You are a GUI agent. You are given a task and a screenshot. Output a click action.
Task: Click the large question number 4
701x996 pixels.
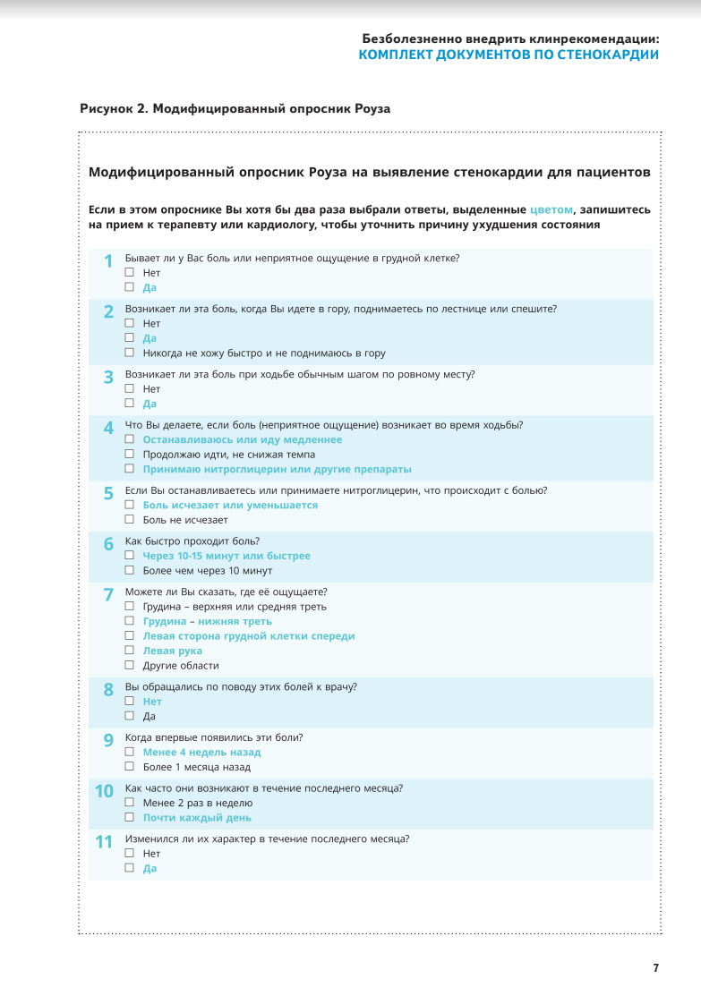108,428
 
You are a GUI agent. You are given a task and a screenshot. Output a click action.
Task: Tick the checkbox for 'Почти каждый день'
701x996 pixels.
130,817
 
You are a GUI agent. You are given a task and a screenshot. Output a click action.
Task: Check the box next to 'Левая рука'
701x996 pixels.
130,651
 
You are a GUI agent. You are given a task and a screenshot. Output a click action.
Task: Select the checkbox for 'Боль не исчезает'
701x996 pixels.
130,519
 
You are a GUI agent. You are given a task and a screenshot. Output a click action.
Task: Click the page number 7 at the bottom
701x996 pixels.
655,967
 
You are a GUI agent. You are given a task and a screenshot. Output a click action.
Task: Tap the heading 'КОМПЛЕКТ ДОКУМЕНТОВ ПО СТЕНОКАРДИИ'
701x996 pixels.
509,55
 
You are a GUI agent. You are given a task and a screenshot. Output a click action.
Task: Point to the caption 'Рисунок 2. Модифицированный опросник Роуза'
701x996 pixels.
235,108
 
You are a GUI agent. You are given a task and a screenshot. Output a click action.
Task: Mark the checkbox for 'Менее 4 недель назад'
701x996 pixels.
130,752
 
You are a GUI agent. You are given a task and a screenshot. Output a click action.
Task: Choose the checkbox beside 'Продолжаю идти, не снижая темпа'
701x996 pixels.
130,454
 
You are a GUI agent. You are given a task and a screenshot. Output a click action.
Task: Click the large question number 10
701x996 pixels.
104,791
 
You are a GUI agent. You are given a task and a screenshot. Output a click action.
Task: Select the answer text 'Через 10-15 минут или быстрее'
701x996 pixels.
227,556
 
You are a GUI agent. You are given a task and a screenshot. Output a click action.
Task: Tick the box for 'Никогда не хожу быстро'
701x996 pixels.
130,353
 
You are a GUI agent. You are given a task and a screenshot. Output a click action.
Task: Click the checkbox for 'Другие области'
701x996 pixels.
130,665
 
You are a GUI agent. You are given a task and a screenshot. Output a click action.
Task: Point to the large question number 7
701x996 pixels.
108,594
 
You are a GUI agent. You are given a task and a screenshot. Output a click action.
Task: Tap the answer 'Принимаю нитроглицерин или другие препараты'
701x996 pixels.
277,469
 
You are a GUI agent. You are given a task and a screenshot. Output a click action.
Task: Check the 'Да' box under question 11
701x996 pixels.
130,868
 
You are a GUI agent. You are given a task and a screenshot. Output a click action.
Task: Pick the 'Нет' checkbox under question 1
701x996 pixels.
130,272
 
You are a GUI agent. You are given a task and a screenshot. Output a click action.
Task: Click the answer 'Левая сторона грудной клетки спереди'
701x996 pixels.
249,636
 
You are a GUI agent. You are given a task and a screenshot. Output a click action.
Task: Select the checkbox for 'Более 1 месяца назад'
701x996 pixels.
130,766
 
